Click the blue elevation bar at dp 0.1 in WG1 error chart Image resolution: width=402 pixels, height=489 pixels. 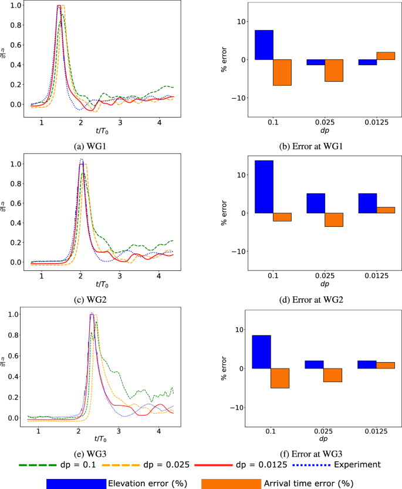pyautogui.click(x=264, y=45)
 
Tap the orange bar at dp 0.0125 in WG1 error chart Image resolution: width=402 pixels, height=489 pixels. pyautogui.click(x=386, y=56)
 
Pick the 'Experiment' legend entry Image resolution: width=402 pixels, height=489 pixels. pyautogui.click(x=359, y=464)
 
